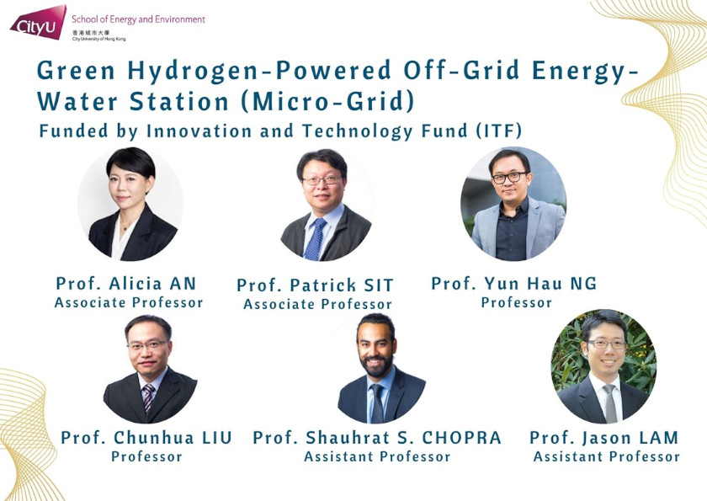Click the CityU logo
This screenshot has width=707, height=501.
(x=38, y=22)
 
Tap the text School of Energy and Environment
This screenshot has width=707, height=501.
(x=138, y=19)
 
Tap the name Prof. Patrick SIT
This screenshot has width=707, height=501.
(x=315, y=285)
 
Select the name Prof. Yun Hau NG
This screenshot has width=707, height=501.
(x=514, y=283)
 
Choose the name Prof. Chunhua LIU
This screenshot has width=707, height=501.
(x=146, y=438)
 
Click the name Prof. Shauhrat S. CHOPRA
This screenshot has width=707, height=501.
(x=377, y=438)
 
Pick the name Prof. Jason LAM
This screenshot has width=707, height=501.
(x=604, y=438)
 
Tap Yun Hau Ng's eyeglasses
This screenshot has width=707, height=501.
(x=509, y=178)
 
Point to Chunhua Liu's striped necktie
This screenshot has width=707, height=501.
(x=148, y=396)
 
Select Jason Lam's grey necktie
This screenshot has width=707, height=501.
(x=609, y=402)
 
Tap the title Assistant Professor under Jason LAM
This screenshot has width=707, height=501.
(x=606, y=456)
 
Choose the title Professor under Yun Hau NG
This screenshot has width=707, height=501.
(x=516, y=302)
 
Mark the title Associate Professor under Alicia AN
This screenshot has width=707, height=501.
(x=129, y=302)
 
